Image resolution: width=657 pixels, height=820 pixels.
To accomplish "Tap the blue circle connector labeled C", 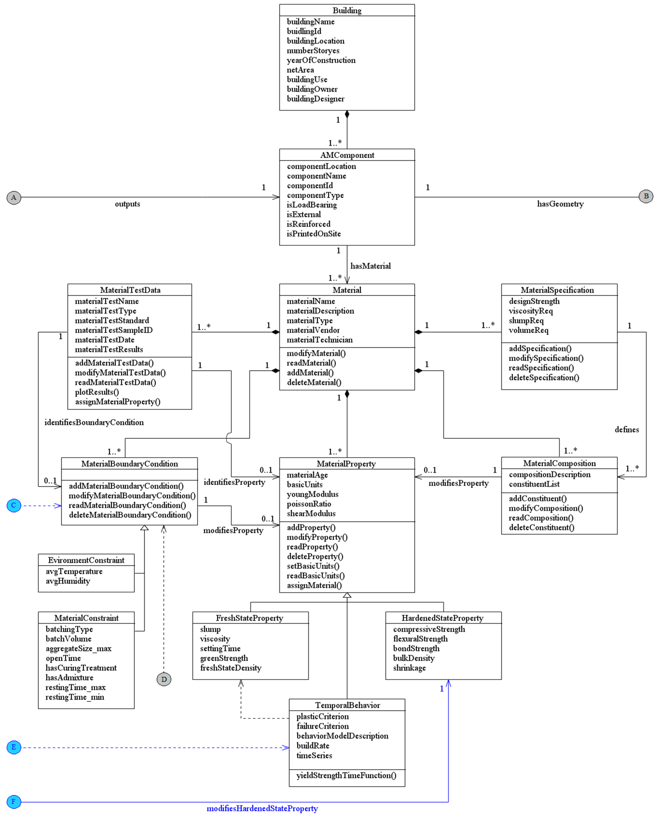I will point(14,505).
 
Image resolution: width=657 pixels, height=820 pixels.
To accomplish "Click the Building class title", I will point(347,10).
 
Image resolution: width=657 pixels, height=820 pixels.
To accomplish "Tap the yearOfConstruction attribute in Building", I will point(321,60).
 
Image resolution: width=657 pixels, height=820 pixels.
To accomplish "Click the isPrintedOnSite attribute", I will point(314,233).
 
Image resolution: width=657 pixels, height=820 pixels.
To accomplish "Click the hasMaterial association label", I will point(370,266).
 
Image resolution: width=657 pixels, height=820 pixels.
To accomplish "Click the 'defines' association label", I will point(627,429).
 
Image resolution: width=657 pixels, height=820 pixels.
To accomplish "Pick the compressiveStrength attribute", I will point(429,629).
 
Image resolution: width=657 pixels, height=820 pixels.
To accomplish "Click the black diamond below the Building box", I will point(347,114).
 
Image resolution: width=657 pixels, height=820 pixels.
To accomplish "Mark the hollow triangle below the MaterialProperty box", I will point(347,595).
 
